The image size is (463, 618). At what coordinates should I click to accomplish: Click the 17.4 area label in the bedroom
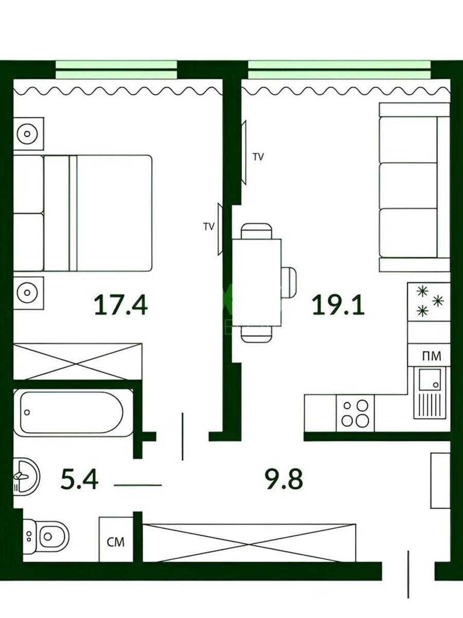point(121,305)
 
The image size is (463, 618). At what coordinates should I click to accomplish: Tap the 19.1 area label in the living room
point(339,305)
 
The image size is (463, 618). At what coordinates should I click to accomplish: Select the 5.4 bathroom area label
point(79,479)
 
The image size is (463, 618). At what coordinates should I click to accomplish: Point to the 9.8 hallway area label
point(283,479)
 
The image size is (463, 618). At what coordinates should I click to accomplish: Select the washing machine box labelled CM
point(116,541)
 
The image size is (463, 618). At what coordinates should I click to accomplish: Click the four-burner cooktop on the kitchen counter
point(355,413)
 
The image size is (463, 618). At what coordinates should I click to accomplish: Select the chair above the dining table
point(256,231)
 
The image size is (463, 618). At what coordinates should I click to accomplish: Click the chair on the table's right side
point(289,282)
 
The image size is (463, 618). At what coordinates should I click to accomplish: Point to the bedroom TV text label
point(209,226)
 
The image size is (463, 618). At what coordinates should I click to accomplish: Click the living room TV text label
point(258,157)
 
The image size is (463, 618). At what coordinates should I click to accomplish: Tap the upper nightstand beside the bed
point(28,134)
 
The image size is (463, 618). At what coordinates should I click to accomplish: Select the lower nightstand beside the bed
point(28,293)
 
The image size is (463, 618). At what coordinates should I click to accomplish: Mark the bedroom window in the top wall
point(116,70)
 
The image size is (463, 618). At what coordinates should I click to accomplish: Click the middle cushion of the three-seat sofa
point(408,185)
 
